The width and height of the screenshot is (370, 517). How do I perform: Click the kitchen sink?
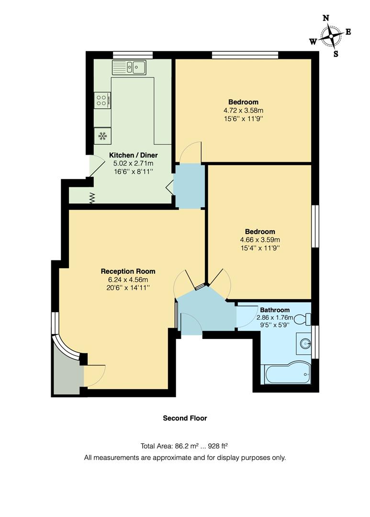(x=129, y=67)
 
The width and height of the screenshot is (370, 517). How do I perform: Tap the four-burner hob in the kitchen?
(x=102, y=100)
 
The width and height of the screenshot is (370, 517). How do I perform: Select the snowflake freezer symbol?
(x=102, y=136)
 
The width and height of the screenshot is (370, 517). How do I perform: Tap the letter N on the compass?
(x=326, y=18)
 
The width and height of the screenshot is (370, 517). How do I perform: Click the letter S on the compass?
(x=336, y=54)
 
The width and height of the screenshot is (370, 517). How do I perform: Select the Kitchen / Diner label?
(x=134, y=155)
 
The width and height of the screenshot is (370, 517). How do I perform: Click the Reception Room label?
(x=128, y=271)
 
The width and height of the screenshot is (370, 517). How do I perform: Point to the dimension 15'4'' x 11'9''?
(x=260, y=248)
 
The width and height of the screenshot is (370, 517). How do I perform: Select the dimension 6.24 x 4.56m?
(x=128, y=280)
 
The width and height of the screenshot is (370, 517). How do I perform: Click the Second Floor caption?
(x=185, y=418)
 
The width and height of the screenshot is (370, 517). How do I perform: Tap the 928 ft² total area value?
(x=219, y=446)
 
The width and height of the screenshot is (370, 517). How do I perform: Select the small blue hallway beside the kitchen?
(x=189, y=186)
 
